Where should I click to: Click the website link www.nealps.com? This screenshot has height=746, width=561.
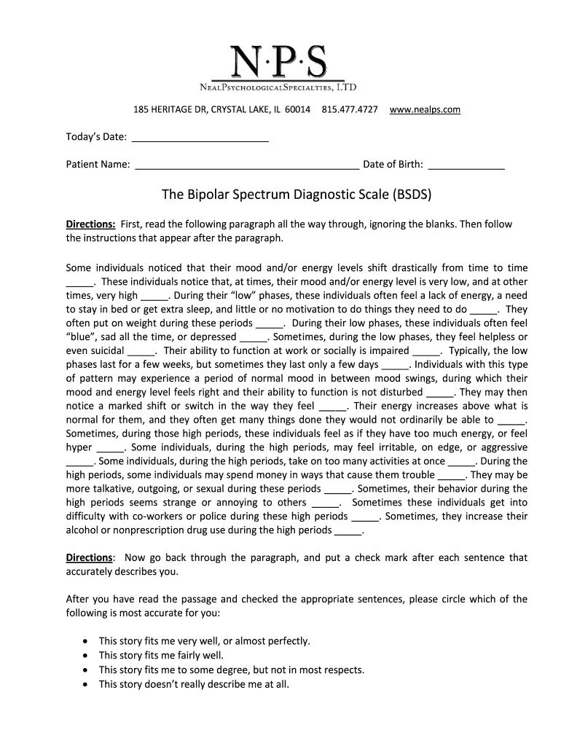point(425,109)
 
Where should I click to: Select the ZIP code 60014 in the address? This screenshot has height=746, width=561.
point(297,109)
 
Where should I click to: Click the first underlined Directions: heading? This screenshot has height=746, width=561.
point(90,224)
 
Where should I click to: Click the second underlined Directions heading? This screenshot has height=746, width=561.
point(89,557)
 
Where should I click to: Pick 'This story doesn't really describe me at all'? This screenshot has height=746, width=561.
point(194,684)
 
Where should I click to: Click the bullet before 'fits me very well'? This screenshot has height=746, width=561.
point(87,642)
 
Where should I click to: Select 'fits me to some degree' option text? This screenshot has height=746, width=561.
point(231,670)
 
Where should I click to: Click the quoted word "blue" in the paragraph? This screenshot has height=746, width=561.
point(80,337)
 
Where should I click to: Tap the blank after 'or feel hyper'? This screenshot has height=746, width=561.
point(110,447)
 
